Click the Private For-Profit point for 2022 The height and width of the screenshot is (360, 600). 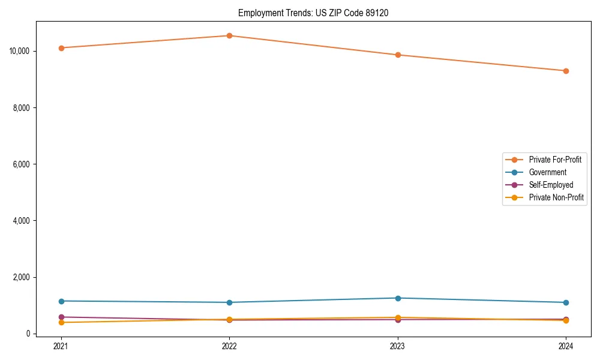229,35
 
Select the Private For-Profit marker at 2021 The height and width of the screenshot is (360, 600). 61,48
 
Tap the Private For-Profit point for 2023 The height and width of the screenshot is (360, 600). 398,55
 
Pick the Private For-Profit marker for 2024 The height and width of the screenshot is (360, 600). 566,71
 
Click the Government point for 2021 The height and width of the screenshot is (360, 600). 61,301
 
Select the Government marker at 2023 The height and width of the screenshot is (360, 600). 398,298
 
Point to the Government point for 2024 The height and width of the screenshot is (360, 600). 566,302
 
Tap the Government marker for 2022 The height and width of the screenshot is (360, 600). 229,302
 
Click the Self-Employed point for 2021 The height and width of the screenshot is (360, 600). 61,317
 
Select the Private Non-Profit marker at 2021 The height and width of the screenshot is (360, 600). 61,323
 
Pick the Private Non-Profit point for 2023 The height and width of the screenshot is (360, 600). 398,317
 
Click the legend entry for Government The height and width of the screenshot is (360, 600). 547,172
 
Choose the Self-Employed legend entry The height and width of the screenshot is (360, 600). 551,185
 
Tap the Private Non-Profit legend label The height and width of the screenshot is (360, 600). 556,197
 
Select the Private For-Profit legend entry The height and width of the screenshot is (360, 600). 555,160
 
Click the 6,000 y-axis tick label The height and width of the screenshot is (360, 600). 22,164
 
